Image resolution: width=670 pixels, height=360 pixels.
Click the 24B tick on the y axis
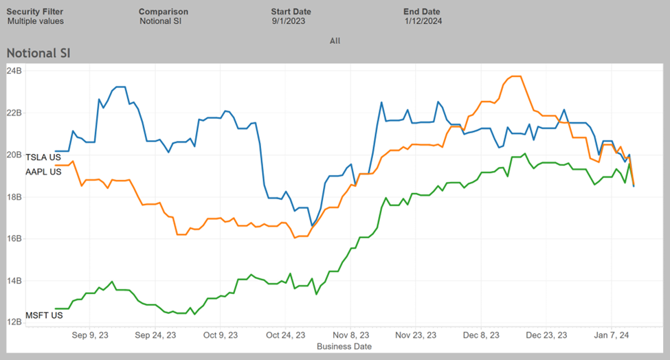click(x=14, y=70)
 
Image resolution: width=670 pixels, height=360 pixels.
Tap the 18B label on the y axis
click(x=14, y=196)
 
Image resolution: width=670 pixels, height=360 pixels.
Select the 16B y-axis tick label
click(x=14, y=238)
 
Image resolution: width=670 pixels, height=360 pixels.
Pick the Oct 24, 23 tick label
click(x=285, y=336)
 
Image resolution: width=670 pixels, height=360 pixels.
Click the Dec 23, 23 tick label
click(x=546, y=336)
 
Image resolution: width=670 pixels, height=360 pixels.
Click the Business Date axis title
click(x=344, y=347)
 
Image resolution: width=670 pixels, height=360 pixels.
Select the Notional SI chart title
click(x=38, y=53)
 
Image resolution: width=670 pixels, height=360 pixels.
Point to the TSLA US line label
click(x=42, y=157)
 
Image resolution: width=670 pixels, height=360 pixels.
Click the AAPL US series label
click(x=43, y=172)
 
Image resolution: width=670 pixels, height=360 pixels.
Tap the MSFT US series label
click(x=43, y=315)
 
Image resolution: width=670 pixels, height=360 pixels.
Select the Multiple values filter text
click(x=36, y=21)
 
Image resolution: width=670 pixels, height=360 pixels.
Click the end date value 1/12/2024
click(x=423, y=21)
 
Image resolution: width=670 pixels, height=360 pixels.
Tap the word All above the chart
click(x=335, y=41)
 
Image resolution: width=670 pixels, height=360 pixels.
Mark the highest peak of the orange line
click(x=515, y=76)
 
